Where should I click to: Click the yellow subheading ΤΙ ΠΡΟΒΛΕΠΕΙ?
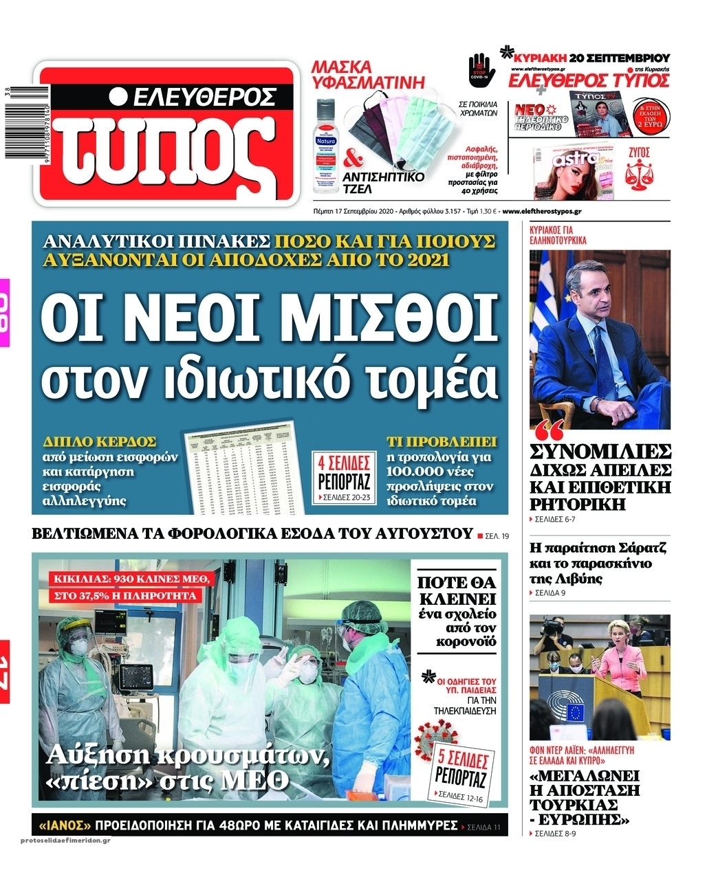[x=442, y=441]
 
